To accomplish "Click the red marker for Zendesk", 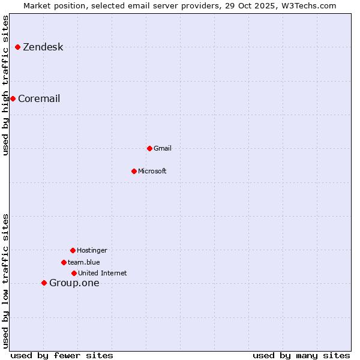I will coord(18,47).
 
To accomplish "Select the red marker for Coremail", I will coord(13,98).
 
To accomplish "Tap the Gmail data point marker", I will coord(149,148).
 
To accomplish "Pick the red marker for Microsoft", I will coord(134,171).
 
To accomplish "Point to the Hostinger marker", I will coord(73,250).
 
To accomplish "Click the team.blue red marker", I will coord(64,262).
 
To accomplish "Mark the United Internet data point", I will coord(74,273).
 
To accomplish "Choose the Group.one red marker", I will coord(44,283).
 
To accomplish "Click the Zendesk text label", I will coord(43,47).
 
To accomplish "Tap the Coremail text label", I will coord(39,99).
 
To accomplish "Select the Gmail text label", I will coord(163,149).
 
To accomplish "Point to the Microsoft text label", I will coord(152,172).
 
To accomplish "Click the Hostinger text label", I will coord(92,251).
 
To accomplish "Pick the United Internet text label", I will coord(103,274).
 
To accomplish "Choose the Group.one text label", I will coord(74,283).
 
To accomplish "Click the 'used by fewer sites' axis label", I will coord(62,356).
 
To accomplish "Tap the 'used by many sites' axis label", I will coord(301,356).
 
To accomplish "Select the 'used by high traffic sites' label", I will coord(6,85).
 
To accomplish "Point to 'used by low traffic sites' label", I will coord(6,281).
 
